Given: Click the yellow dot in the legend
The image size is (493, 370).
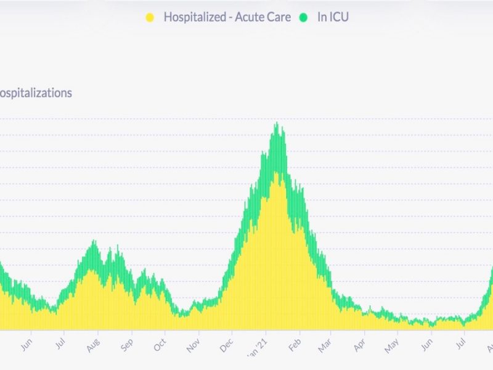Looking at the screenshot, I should click(150, 17).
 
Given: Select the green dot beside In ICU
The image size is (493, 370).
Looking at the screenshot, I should click(304, 17).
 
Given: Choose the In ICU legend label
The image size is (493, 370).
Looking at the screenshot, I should click(333, 17).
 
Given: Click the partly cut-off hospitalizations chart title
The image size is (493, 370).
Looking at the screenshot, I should click(36, 93).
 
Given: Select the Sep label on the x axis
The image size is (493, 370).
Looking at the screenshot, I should click(127, 345).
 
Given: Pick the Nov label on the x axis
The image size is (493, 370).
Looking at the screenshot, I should click(194, 345).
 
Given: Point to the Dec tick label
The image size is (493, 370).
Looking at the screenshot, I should click(227, 345).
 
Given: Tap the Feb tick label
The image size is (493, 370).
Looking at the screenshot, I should click(295, 345).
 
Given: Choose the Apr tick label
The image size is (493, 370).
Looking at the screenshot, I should click(360, 345).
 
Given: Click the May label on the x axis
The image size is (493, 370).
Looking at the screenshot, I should click(392, 346).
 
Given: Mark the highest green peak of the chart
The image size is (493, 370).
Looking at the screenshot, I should click(277, 124).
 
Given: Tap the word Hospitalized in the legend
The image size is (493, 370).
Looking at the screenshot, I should click(193, 17).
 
